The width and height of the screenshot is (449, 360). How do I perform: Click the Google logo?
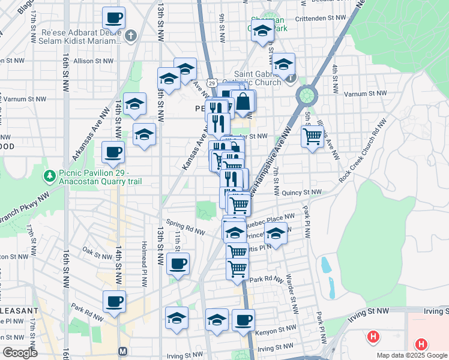click(20, 353)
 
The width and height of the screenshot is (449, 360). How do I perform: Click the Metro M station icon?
click(123, 351)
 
